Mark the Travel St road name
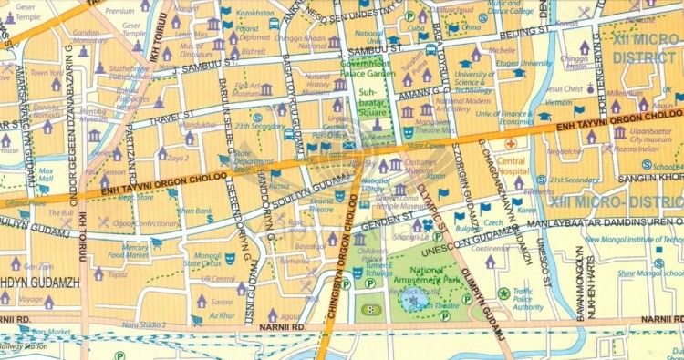171,118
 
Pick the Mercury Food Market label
136,252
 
